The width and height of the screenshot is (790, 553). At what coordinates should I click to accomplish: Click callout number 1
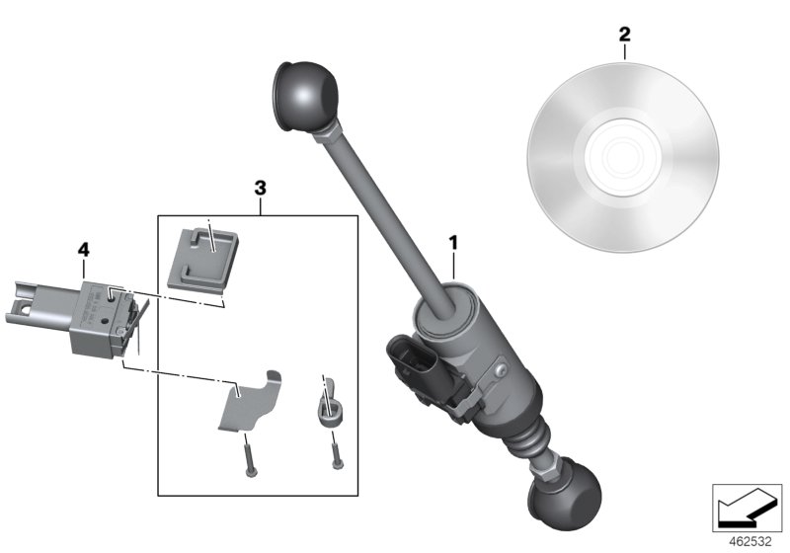[x=453, y=240]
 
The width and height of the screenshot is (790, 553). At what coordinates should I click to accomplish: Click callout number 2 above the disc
[x=623, y=36]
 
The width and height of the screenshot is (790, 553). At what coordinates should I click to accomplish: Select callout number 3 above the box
[x=260, y=187]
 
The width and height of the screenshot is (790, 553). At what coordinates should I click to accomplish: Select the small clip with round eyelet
[x=331, y=404]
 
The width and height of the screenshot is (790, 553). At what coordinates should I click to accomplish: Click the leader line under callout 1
[x=453, y=267]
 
